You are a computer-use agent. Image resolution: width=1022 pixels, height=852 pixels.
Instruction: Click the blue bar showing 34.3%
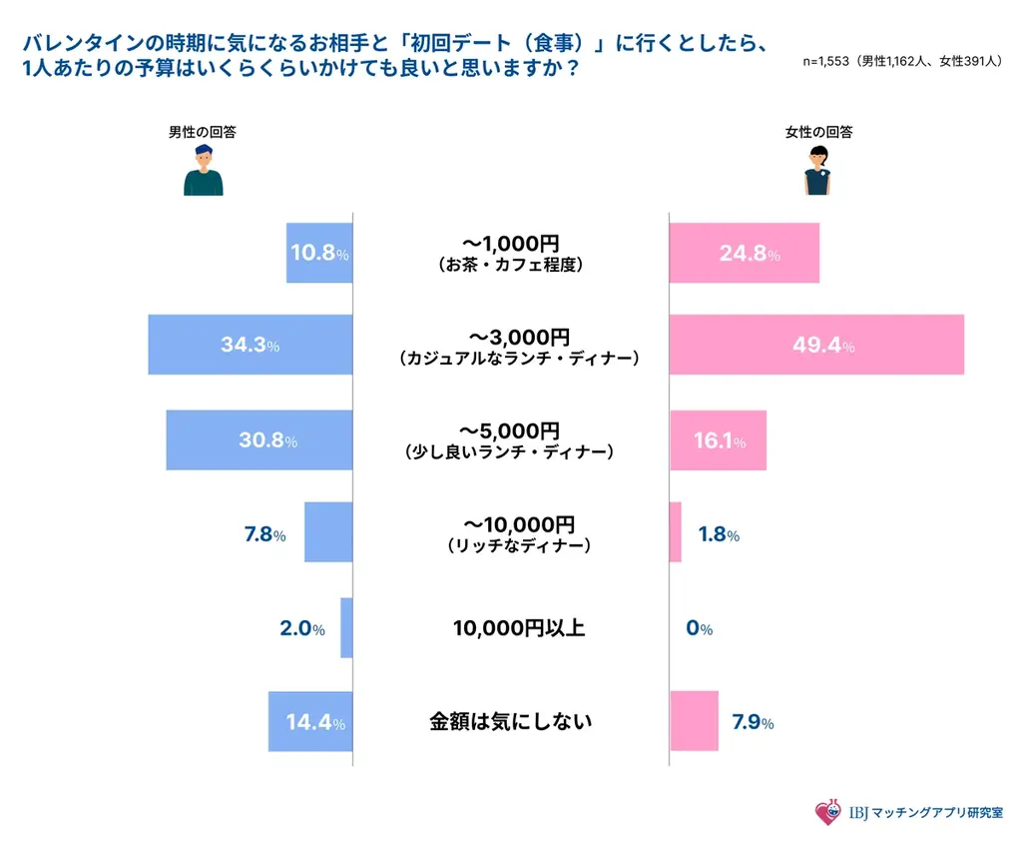point(251,345)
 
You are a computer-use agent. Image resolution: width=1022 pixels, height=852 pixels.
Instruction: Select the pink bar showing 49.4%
point(816,345)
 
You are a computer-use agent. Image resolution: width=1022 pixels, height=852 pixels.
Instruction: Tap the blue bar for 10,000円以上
point(346,628)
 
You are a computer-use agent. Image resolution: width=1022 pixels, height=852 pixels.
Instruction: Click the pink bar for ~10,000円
point(676,532)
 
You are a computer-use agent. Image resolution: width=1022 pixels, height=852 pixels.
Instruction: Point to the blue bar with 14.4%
point(310,721)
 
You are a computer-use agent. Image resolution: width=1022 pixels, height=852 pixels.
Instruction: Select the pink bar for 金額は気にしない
point(694,721)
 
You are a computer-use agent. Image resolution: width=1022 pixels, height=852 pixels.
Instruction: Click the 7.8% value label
point(264,535)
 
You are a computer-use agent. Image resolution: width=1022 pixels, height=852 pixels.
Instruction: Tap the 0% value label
point(700,629)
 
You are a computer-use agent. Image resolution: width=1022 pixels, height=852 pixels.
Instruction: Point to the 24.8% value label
point(750,254)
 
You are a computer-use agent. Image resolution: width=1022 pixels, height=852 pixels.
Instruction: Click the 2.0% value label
point(301,629)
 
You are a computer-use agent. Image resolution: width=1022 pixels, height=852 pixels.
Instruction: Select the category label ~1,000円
point(510,243)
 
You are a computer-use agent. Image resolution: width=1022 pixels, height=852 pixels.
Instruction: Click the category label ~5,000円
point(510,430)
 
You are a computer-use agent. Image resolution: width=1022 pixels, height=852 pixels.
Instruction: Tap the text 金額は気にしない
point(510,720)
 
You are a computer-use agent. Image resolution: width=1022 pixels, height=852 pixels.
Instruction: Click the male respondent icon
point(204,170)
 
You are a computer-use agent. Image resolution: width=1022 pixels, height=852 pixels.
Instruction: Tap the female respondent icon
point(818,170)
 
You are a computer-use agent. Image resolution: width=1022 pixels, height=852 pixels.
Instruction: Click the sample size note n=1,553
point(901,62)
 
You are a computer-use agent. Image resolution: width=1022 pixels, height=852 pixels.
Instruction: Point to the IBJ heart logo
point(827,813)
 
